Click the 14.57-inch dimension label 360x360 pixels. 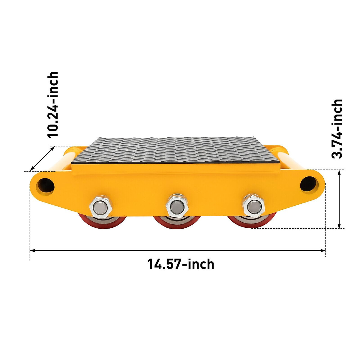[181, 264]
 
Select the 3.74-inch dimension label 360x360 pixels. [337, 128]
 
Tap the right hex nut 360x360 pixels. [253, 206]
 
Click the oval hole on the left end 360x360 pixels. [46, 185]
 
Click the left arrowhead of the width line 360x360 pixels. [31, 250]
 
